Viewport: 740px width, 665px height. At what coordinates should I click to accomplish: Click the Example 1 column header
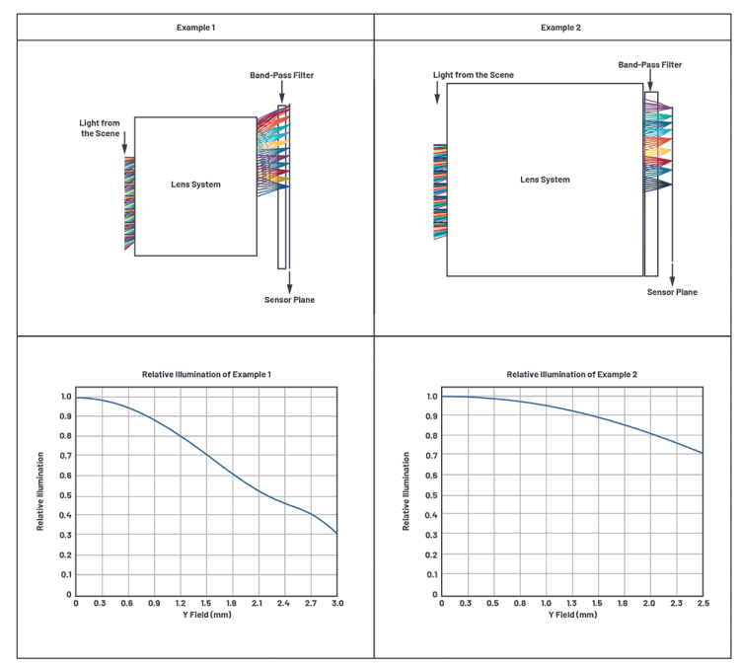pos(195,27)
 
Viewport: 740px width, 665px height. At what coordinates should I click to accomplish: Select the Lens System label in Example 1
pos(196,185)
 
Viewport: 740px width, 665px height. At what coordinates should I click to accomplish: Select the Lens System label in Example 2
pos(545,180)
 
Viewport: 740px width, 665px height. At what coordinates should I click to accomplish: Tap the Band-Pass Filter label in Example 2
pos(649,65)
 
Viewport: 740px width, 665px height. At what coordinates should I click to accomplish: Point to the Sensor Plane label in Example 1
pos(289,299)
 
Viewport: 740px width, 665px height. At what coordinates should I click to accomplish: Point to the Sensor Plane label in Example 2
pos(672,292)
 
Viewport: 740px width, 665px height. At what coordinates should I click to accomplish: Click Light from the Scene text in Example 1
pos(100,127)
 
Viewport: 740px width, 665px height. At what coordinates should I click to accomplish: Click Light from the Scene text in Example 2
pos(473,75)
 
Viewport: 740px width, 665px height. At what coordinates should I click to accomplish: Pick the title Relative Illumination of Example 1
pos(207,375)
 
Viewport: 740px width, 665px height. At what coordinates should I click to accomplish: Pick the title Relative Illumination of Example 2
pos(572,375)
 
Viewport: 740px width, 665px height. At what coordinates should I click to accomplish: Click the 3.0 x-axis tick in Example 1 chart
pos(336,603)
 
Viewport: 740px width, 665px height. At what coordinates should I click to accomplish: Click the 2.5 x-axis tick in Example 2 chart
pos(702,603)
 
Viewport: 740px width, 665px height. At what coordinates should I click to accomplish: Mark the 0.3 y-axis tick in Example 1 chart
pos(67,535)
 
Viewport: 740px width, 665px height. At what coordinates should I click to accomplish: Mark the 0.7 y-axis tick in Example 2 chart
pos(432,456)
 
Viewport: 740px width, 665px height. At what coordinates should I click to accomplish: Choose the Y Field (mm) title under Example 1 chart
pos(207,615)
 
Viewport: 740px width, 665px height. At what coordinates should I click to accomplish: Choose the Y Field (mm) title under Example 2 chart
pos(572,615)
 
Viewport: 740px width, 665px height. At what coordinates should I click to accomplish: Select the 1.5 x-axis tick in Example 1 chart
pos(206,603)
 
